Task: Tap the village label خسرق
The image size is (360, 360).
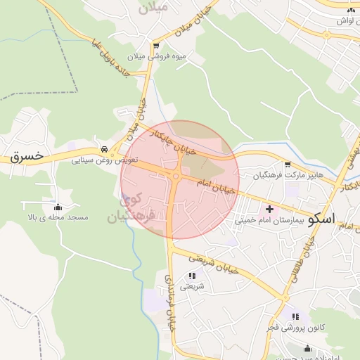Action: coord(27,155)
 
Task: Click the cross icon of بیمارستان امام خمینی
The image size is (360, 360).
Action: coord(269,210)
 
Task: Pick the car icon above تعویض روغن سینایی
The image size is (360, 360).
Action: coord(104,149)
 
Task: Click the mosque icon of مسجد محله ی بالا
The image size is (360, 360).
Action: coord(58,207)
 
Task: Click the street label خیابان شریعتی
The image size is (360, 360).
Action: coord(215,264)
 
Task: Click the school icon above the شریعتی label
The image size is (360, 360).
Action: coord(192,276)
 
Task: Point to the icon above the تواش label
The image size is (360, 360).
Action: coord(351,9)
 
